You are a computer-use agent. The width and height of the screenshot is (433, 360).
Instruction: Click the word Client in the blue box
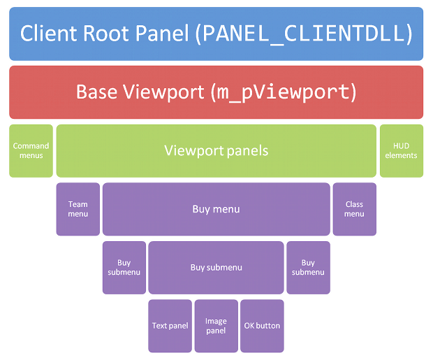coord(48,34)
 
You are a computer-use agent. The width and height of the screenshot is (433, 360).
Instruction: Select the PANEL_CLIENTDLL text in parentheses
coord(304,34)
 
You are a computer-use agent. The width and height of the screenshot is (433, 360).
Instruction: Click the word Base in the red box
coord(96,92)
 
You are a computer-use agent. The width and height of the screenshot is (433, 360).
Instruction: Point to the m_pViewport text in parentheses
coord(284,93)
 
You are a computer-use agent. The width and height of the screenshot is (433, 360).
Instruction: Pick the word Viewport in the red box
coord(163,92)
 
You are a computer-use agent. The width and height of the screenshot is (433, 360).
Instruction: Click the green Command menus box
coord(31,151)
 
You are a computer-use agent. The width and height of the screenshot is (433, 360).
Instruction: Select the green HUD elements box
coord(402,151)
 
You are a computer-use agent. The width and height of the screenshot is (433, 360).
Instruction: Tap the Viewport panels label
coord(216,151)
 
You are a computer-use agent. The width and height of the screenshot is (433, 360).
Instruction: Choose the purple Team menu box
coord(78,209)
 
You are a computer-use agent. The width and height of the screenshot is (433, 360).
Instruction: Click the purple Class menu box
coord(355,209)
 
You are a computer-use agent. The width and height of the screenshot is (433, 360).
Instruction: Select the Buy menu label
coord(216,209)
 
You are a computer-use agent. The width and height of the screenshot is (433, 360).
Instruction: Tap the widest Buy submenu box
coord(216,268)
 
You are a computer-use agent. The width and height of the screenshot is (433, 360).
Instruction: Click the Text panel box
coord(170,326)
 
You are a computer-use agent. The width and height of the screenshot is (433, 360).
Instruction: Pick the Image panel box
coord(216,326)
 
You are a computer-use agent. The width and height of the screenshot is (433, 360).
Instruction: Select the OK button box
coord(262,326)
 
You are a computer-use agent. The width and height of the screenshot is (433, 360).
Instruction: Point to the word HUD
coord(402,145)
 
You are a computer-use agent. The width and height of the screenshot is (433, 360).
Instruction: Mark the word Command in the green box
coord(31,145)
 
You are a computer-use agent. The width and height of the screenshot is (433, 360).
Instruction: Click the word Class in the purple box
coord(354,204)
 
